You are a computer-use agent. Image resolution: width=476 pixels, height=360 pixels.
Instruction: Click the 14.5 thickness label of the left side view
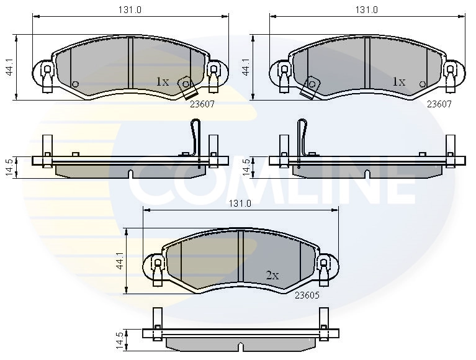[9, 168]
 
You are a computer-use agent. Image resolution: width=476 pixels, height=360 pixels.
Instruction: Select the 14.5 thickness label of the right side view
[246, 168]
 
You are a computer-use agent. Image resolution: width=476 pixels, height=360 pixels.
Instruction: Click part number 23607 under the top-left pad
[202, 104]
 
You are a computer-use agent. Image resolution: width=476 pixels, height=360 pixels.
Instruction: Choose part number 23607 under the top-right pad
[439, 104]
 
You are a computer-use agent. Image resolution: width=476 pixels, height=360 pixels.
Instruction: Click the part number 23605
[308, 295]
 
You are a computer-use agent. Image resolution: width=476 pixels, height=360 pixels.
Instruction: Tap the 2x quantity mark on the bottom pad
[272, 275]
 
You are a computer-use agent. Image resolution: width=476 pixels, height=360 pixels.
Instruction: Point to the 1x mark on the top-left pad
[162, 81]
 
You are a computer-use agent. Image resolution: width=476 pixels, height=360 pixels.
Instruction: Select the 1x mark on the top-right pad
[398, 81]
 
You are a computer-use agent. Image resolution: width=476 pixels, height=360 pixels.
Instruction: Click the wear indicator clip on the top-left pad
[186, 88]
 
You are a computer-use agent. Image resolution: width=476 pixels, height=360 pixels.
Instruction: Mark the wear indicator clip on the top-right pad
[310, 87]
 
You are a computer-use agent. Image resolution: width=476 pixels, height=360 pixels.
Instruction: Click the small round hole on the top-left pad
[76, 84]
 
